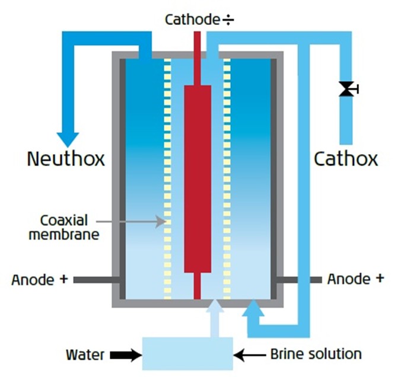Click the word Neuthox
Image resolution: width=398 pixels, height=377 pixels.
pyautogui.click(x=66, y=159)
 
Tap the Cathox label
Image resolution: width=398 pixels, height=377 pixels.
pyautogui.click(x=345, y=159)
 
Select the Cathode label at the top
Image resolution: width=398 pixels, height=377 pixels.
pyautogui.click(x=193, y=20)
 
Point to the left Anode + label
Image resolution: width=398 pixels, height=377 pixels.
pyautogui.click(x=40, y=279)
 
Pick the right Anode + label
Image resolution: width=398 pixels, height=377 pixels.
pyautogui.click(x=355, y=279)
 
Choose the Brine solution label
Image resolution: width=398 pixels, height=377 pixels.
pyautogui.click(x=316, y=354)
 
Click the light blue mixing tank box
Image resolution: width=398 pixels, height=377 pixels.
pyautogui.click(x=187, y=353)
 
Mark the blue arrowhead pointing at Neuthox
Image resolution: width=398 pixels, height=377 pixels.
pyautogui.click(x=69, y=137)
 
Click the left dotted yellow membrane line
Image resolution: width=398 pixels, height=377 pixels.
pyautogui.click(x=167, y=178)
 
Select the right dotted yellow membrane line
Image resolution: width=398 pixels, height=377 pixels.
pyautogui.click(x=227, y=178)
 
